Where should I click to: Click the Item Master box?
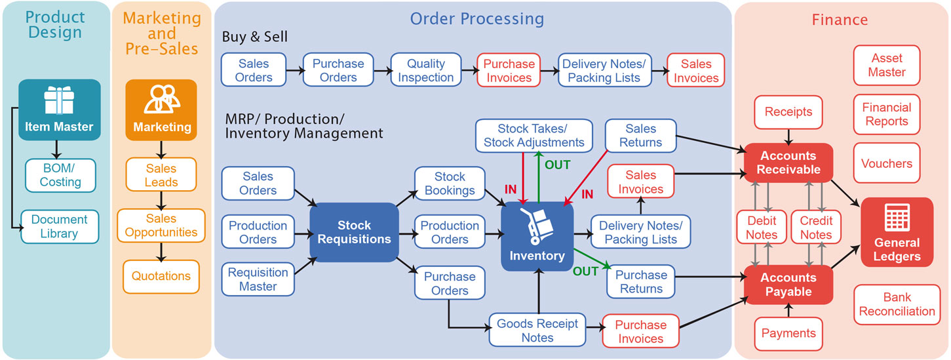point(60,110)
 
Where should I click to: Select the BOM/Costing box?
point(60,175)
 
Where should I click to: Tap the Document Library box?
point(60,226)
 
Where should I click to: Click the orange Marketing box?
point(161,110)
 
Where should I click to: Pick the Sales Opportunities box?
point(161,225)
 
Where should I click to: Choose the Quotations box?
point(161,276)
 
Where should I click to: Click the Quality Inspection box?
point(426,71)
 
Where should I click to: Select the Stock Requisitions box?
point(355,232)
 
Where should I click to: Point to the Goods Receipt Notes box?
point(537,330)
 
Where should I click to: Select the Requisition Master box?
point(258,279)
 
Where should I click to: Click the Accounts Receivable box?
point(788,163)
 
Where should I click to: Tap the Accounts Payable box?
point(788,285)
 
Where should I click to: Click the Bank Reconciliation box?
point(897,305)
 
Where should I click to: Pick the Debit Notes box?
point(762,228)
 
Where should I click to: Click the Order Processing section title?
point(476,18)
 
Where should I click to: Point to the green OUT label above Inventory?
point(558,165)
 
